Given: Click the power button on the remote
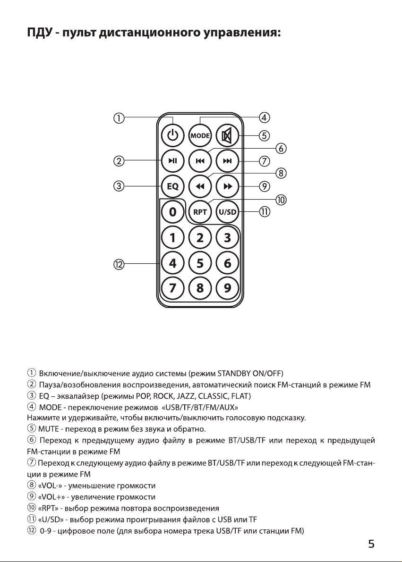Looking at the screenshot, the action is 172,135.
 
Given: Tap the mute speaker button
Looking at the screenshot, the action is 227,135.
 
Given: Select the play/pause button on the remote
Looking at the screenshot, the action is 172,160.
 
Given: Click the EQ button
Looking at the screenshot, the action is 172,186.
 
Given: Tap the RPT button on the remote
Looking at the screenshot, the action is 200,212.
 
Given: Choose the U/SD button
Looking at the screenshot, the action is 227,212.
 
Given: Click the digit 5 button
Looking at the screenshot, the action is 200,263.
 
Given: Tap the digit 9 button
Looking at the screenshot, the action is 227,288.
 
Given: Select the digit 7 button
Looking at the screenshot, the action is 172,288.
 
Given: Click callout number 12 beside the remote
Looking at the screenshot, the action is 119,265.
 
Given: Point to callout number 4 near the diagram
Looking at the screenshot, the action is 265,117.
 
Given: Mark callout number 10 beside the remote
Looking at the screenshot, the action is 281,200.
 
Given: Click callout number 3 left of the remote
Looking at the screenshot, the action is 119,186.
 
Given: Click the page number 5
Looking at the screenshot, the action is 371,544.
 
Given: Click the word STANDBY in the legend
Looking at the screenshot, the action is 234,373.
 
